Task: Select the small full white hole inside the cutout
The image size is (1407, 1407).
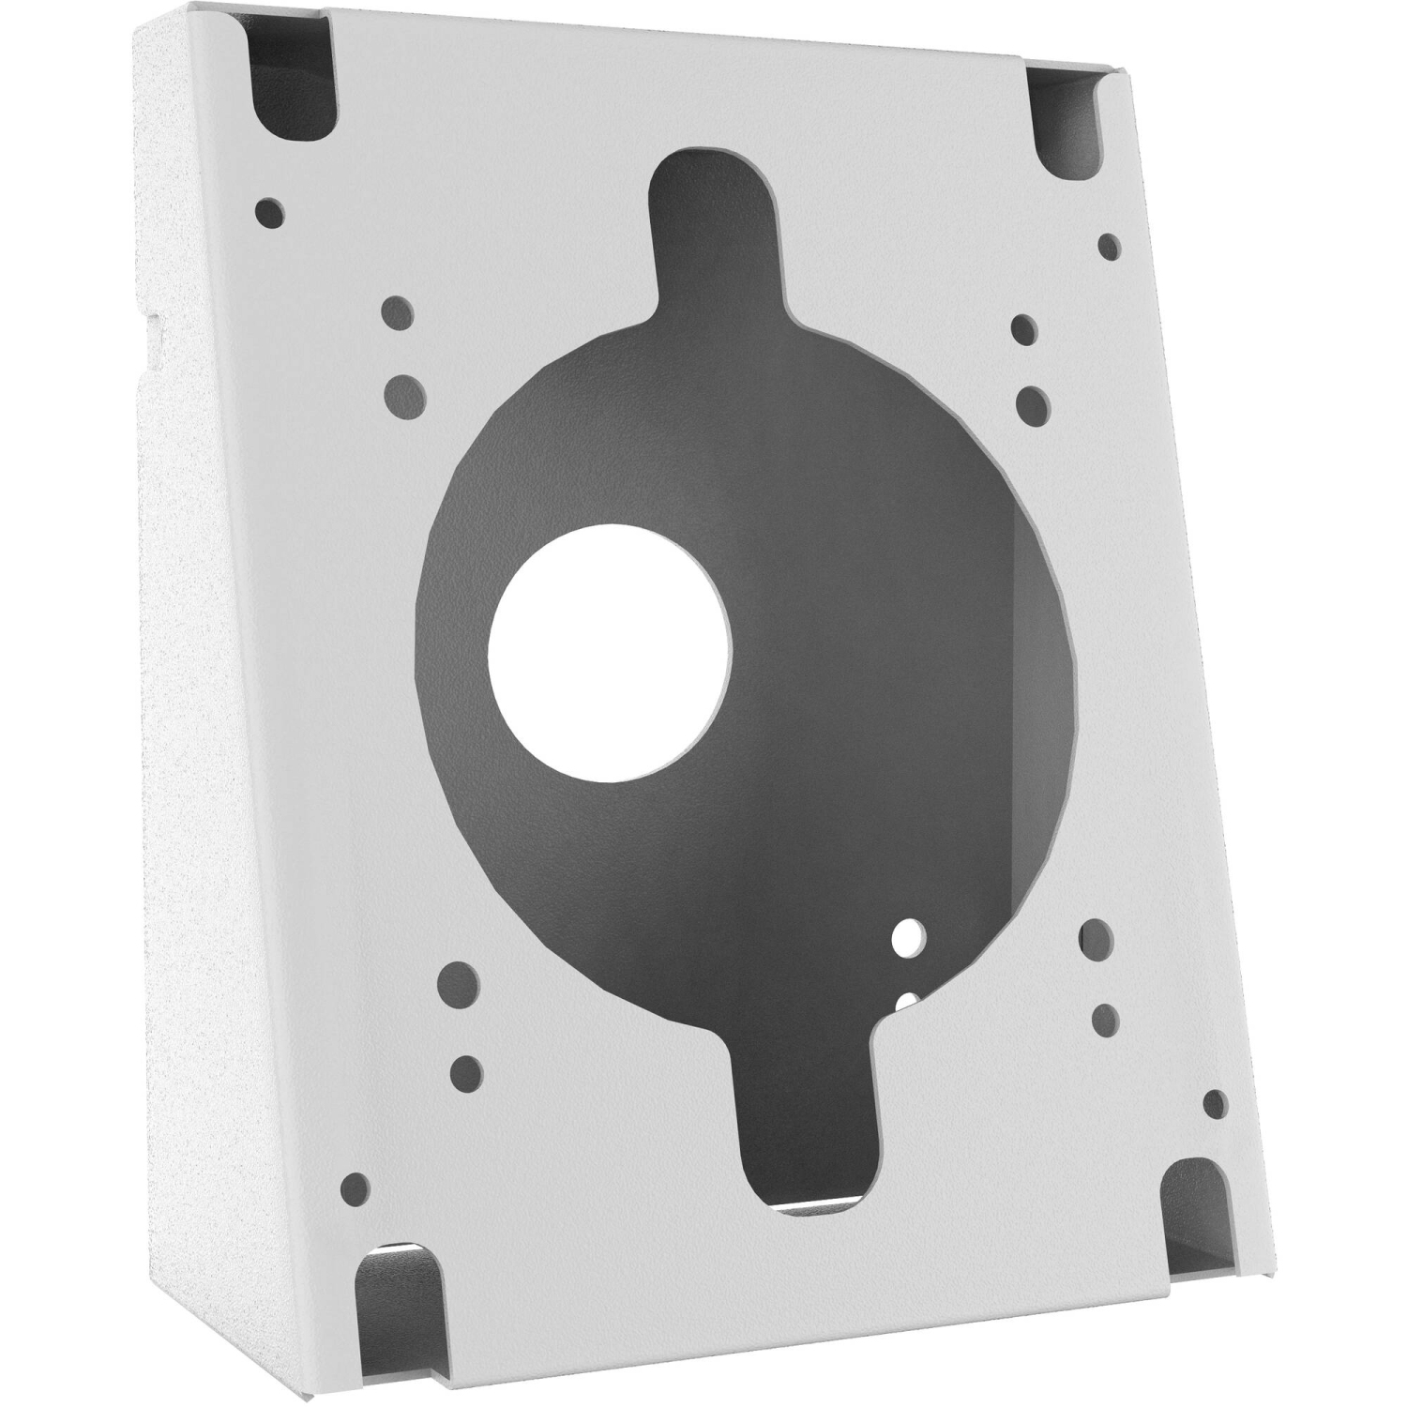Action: pyautogui.click(x=908, y=936)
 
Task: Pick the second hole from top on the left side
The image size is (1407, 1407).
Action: pyautogui.click(x=397, y=313)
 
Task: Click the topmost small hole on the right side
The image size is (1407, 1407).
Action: pyautogui.click(x=1109, y=247)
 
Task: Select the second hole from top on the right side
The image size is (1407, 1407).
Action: pyautogui.click(x=1023, y=327)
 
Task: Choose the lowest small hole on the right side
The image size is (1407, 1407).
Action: pyautogui.click(x=1215, y=1104)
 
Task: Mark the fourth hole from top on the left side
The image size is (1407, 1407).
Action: pyautogui.click(x=459, y=983)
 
